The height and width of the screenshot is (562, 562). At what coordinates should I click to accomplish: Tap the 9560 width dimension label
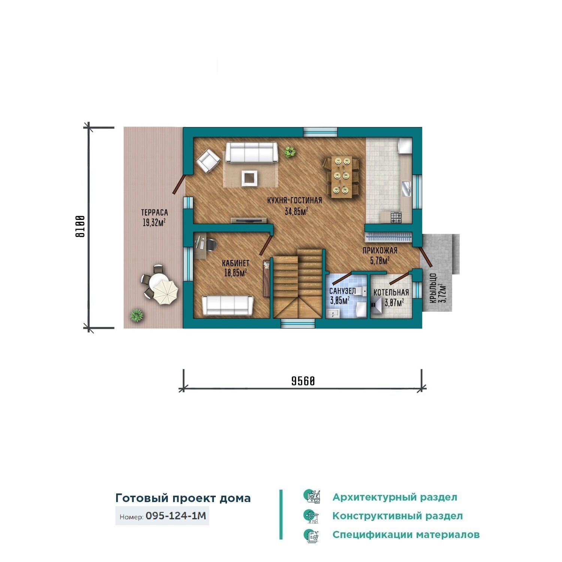(x=303, y=381)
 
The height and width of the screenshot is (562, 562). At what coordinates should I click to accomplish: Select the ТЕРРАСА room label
(x=154, y=212)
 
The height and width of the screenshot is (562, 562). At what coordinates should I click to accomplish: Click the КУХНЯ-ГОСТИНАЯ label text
(x=294, y=200)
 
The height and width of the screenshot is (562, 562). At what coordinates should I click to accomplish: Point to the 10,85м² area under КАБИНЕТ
(x=235, y=273)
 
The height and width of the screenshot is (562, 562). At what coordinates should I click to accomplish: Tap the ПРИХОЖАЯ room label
(x=380, y=251)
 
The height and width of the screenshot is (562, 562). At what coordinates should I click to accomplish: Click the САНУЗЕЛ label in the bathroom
(x=342, y=291)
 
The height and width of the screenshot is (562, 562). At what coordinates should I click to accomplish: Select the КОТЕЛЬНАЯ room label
(x=391, y=292)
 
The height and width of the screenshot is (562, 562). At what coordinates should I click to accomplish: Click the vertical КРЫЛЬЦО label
(x=433, y=288)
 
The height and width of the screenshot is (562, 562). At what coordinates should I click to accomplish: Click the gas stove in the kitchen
(x=396, y=217)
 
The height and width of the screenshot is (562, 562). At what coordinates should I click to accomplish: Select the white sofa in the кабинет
(x=227, y=305)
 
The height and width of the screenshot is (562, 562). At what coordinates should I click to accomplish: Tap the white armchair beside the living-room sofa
(x=208, y=161)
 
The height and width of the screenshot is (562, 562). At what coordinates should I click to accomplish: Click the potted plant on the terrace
(x=137, y=315)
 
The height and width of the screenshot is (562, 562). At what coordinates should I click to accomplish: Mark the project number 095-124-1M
(x=176, y=516)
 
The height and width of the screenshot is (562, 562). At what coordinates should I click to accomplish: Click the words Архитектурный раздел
(x=395, y=497)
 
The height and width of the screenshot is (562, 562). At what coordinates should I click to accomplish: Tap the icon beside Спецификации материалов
(x=311, y=535)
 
